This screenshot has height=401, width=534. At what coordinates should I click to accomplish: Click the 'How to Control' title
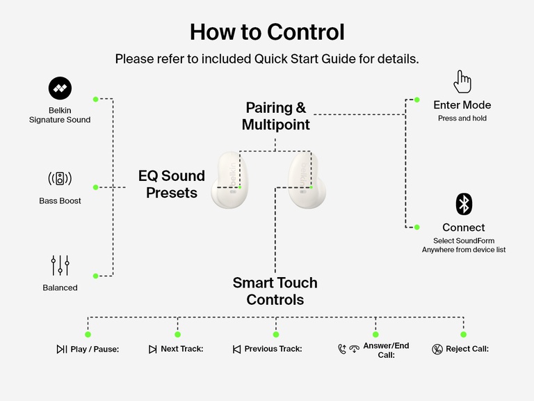tap(267, 32)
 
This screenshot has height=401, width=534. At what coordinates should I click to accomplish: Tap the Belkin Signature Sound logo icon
tap(60, 88)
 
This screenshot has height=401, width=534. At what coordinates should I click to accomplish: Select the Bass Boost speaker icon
tap(60, 178)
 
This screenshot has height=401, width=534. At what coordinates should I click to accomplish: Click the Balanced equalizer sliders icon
tap(60, 265)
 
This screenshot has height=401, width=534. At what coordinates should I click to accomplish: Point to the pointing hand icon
tap(462, 81)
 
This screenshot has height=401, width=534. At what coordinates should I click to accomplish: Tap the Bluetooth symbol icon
tap(464, 204)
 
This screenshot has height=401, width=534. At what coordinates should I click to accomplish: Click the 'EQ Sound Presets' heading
tap(172, 184)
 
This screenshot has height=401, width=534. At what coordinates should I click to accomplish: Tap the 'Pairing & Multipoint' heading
tap(276, 116)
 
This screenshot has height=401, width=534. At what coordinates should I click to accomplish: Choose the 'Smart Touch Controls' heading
tap(275, 291)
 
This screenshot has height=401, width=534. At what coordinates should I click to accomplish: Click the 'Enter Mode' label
tap(462, 105)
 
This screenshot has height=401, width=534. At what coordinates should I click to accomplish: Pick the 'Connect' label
tap(464, 228)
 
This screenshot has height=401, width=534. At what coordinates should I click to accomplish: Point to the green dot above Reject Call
tap(463, 335)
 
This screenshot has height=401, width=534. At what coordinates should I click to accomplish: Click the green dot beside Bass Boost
tap(96, 187)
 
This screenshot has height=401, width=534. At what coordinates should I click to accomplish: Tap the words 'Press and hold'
tap(462, 118)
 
